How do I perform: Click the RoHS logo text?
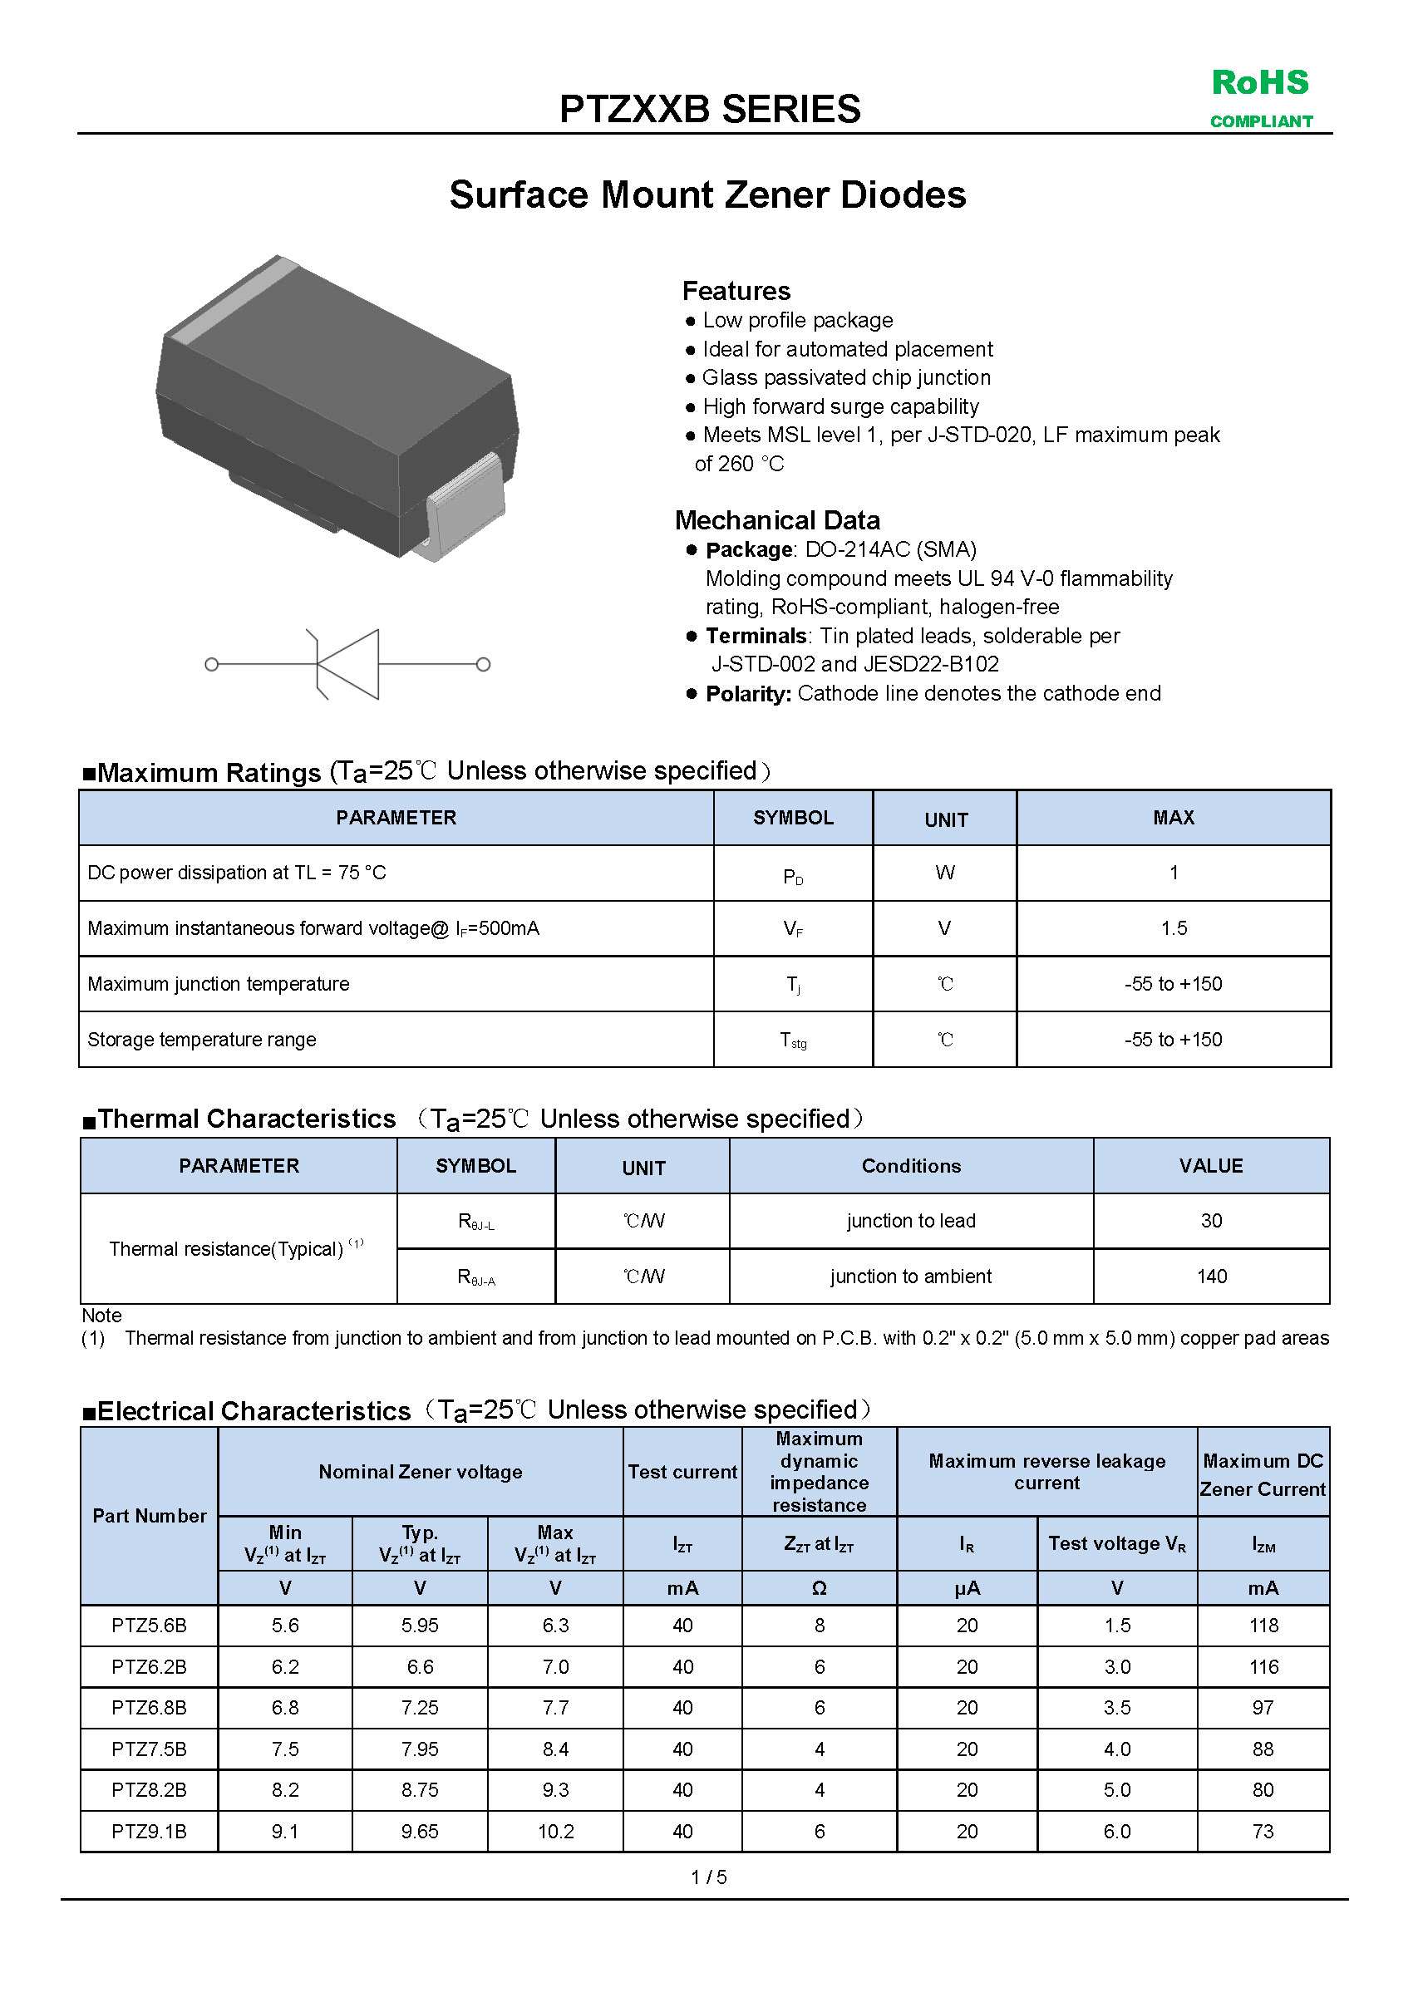pyautogui.click(x=1260, y=83)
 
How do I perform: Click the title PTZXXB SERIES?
pyautogui.click(x=710, y=110)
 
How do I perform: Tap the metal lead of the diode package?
pyautogui.click(x=466, y=506)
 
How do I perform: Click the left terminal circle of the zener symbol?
pyautogui.click(x=211, y=664)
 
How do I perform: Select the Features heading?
pyautogui.click(x=736, y=291)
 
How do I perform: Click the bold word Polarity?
pyautogui.click(x=748, y=694)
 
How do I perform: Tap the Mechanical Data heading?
pyautogui.click(x=777, y=520)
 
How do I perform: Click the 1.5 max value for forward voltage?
pyautogui.click(x=1174, y=929)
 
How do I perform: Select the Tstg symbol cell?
pyautogui.click(x=793, y=1040)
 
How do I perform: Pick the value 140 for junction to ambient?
pyautogui.click(x=1211, y=1277)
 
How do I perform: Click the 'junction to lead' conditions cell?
pyautogui.click(x=910, y=1221)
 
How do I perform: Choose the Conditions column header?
pyautogui.click(x=910, y=1166)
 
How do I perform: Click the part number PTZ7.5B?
pyautogui.click(x=149, y=1749)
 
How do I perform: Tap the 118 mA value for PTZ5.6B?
pyautogui.click(x=1263, y=1626)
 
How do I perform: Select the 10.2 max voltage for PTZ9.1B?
pyautogui.click(x=554, y=1832)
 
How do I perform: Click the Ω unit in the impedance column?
pyautogui.click(x=819, y=1588)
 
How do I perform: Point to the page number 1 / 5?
pyautogui.click(x=709, y=1877)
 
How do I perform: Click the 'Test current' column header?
pyautogui.click(x=682, y=1472)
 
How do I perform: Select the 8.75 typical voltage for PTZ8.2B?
pyautogui.click(x=420, y=1790)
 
